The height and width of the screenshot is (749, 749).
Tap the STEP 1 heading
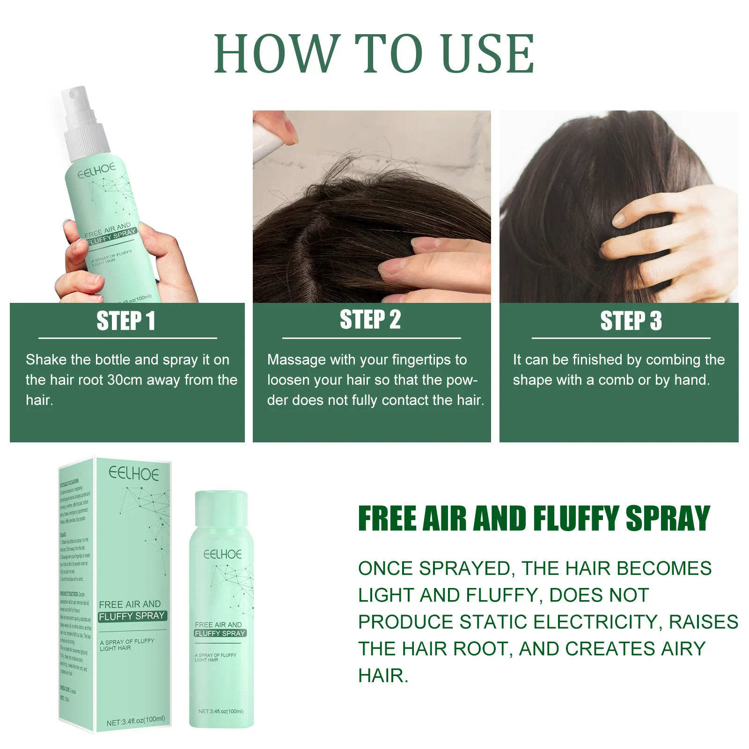(x=125, y=321)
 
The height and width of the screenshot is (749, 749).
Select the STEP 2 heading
(x=370, y=320)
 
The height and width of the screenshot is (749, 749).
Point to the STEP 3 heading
(x=631, y=321)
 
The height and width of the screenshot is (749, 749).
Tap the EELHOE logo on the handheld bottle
(x=96, y=171)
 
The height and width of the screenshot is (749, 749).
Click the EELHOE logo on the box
(x=133, y=474)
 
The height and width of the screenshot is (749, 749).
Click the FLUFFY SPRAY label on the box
(x=132, y=616)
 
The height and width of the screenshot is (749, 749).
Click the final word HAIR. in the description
(x=383, y=676)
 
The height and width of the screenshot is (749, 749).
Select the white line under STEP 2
(x=371, y=338)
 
